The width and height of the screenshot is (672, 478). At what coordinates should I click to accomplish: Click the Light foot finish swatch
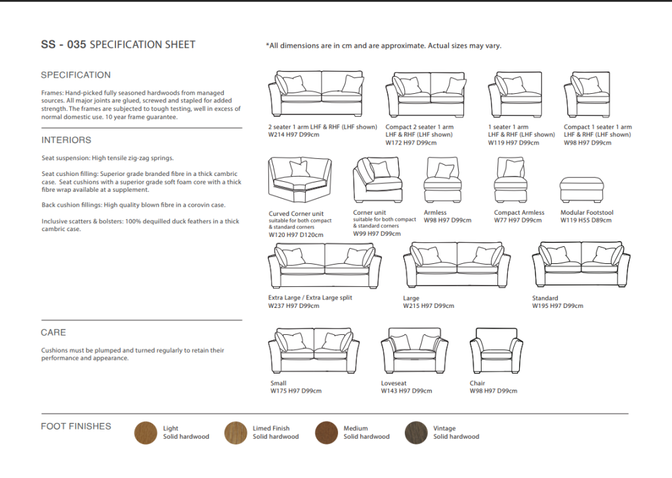coord(146,433)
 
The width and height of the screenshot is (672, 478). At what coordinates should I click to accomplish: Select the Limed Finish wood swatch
coord(236,433)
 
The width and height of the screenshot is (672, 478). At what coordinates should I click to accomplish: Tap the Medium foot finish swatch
coord(326,433)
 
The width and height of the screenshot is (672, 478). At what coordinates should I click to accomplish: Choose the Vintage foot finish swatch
coord(416,433)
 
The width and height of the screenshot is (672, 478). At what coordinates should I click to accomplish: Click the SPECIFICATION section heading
coord(75,75)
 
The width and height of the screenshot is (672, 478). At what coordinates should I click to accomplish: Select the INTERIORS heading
coord(66,140)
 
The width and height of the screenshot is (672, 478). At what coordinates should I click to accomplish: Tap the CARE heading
coord(53,333)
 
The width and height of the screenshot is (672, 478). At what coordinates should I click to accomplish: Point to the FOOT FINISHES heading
coord(76,427)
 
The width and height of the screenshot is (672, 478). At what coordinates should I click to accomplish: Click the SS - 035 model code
coord(63,45)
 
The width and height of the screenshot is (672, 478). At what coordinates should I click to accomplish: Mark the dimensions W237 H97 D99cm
coord(293,306)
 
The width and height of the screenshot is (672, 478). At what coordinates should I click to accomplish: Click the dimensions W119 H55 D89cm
coord(586,221)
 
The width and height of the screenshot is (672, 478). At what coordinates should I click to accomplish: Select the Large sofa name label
coord(411,298)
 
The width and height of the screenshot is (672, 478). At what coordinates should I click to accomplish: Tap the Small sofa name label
coord(278,383)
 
